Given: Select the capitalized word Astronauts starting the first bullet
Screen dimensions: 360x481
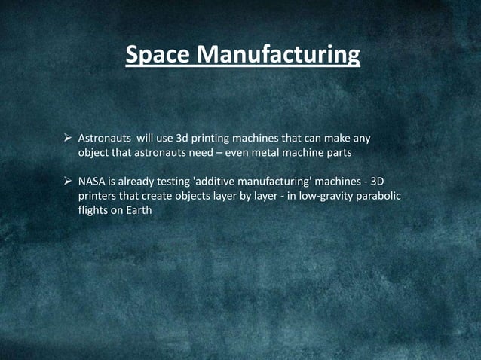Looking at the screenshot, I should [105, 139].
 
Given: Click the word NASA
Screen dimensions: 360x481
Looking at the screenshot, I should [93, 182].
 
